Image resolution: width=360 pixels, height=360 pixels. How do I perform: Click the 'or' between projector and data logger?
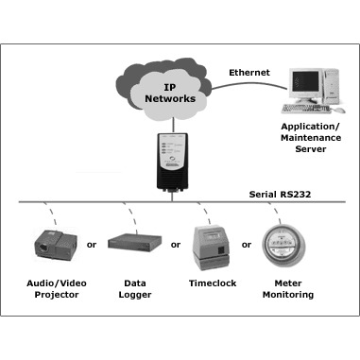click(92, 245)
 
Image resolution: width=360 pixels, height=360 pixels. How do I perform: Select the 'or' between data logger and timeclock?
click(176, 245)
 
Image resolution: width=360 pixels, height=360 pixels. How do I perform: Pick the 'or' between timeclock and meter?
click(247, 245)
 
